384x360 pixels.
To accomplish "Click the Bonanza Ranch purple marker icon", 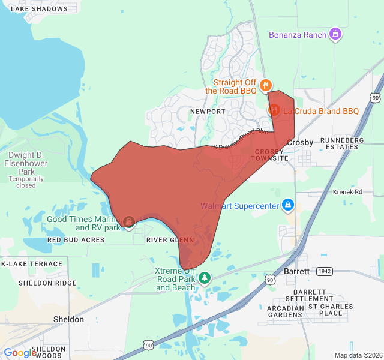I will click(337, 34).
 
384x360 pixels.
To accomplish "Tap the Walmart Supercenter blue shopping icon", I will click(288, 206).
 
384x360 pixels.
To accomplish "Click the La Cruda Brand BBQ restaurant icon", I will click(274, 110).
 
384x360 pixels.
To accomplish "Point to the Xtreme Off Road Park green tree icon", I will click(205, 278).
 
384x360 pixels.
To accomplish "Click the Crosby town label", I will click(300, 143).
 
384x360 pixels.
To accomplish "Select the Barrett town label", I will click(296, 271).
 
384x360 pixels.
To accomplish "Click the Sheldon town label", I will click(68, 319).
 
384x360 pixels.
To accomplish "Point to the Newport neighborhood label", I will click(207, 112).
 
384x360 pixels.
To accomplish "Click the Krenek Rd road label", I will click(348, 192).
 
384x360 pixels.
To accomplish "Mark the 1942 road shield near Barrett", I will click(325, 271).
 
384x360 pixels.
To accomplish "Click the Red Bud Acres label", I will click(76, 240).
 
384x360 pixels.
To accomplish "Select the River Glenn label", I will click(170, 240).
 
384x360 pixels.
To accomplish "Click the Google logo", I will click(20, 353).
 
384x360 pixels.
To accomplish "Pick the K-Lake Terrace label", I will click(32, 264).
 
